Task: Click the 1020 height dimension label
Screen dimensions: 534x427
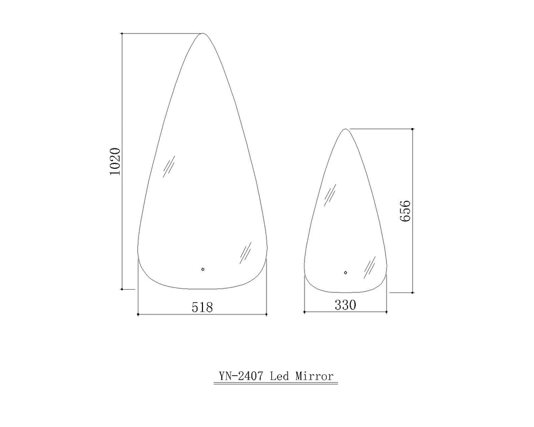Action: click(x=115, y=162)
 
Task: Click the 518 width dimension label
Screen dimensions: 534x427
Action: click(x=202, y=307)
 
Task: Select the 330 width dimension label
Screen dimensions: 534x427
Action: click(x=345, y=305)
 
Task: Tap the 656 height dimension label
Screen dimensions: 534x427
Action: click(x=405, y=211)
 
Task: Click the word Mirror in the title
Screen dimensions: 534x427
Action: click(x=314, y=376)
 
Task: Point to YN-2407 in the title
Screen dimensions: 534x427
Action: click(x=241, y=376)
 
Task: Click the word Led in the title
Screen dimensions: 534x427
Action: click(x=279, y=376)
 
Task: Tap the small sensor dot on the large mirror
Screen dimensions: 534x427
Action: click(x=202, y=269)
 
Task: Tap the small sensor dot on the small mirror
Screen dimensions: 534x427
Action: click(x=345, y=273)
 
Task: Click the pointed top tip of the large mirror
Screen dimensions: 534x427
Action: click(x=202, y=33)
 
